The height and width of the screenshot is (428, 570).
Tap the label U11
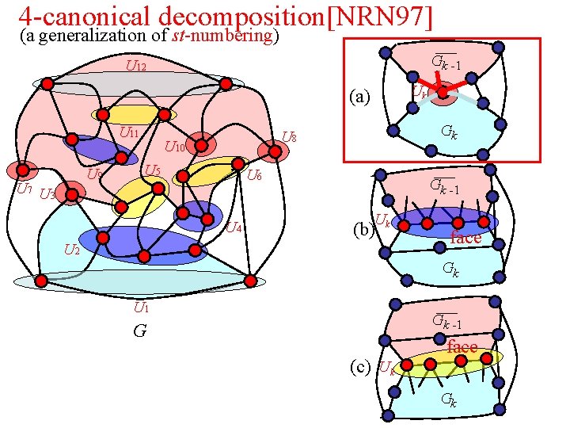coord(129,132)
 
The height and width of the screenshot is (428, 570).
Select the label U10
coord(174,147)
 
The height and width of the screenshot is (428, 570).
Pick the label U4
coord(233,229)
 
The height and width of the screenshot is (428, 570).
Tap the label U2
coord(71,250)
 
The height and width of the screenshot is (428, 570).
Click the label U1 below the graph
coord(142,308)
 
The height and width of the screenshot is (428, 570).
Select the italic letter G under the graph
coord(139,331)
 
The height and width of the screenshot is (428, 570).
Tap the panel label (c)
coord(361,366)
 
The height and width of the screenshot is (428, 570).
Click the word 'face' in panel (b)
coord(465,238)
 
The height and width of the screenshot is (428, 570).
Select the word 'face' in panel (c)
coord(462,347)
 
